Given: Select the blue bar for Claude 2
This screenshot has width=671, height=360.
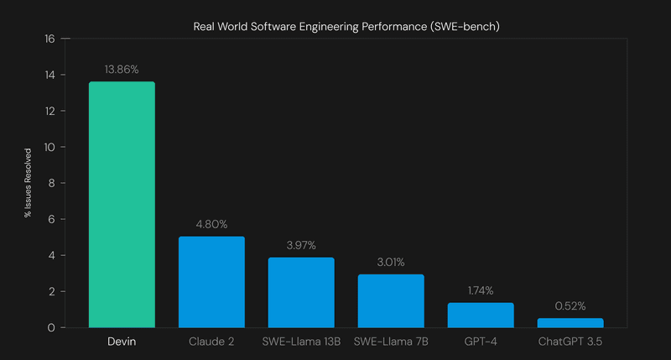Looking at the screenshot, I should point(211,282).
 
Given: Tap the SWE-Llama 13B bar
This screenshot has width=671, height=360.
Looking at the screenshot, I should point(301,292).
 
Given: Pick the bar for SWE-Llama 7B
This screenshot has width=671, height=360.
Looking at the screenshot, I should point(391,300).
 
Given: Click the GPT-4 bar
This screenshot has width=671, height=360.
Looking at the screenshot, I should point(481,315).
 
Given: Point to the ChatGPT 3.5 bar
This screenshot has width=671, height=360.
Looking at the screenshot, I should point(570,322).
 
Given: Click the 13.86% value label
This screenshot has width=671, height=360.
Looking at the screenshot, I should point(122,69).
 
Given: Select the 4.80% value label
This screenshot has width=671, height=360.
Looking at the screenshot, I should point(211,224).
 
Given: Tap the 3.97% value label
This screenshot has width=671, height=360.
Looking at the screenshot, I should point(301,245).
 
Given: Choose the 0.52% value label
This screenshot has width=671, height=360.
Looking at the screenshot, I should point(570,305).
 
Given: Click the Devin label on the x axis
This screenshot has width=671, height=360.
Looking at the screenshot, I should point(122,342).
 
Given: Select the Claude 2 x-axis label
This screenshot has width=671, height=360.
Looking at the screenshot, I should point(211,342).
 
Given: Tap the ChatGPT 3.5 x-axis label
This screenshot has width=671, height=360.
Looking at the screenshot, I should point(570,342).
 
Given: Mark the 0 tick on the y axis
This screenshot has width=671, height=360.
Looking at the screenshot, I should point(51,327).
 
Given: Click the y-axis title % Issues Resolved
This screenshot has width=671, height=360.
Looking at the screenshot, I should point(28,183).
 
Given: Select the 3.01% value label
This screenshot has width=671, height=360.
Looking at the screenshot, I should point(391,262).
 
